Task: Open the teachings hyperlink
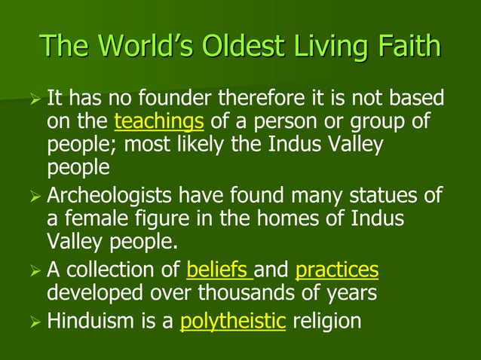pyautogui.click(x=159, y=122)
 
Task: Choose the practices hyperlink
pyautogui.click(x=337, y=269)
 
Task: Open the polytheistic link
pyautogui.click(x=233, y=322)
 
